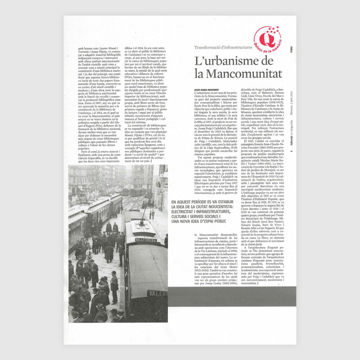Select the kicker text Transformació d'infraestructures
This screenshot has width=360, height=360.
tap(223, 47)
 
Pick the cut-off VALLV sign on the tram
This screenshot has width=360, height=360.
tap(157, 292)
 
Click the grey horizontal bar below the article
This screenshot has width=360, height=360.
tap(232, 291)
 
